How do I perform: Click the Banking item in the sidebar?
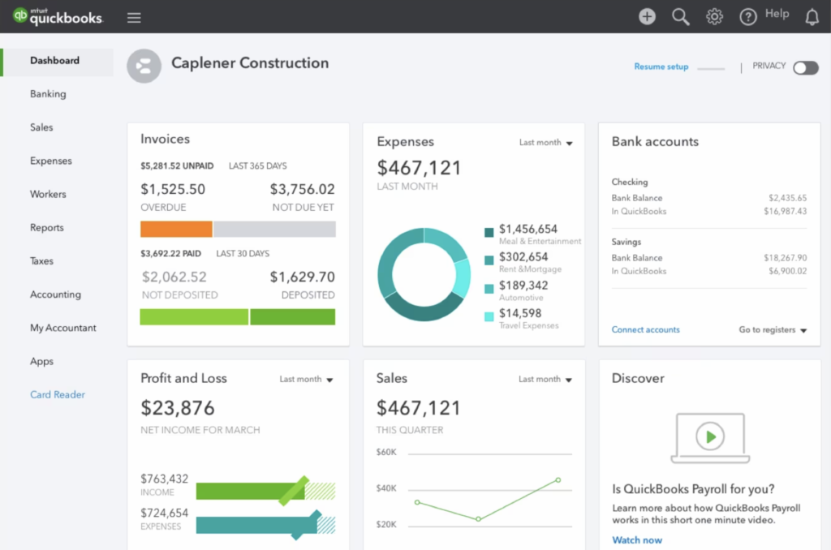pyautogui.click(x=48, y=94)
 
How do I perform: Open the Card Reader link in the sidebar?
pyautogui.click(x=58, y=395)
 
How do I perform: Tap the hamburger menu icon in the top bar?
pyautogui.click(x=134, y=18)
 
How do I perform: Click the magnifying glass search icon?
pyautogui.click(x=681, y=16)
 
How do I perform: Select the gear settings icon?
pyautogui.click(x=714, y=16)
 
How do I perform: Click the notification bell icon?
pyautogui.click(x=812, y=16)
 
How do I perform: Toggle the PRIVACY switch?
pyautogui.click(x=805, y=67)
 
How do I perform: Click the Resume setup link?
pyautogui.click(x=661, y=67)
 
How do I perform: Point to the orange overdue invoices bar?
pyautogui.click(x=176, y=229)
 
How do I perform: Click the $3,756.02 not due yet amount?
pyautogui.click(x=302, y=190)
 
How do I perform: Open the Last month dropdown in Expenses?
pyautogui.click(x=546, y=143)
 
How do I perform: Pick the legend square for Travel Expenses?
pyautogui.click(x=489, y=317)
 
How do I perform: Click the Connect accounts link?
pyautogui.click(x=646, y=330)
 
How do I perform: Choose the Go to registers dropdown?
pyautogui.click(x=773, y=330)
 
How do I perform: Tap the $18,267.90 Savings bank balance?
pyautogui.click(x=785, y=258)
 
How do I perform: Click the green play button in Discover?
pyautogui.click(x=710, y=436)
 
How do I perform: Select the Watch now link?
pyautogui.click(x=637, y=540)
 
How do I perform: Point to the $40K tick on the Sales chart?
pyautogui.click(x=386, y=488)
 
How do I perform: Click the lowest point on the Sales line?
pyautogui.click(x=478, y=519)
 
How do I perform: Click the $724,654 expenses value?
pyautogui.click(x=164, y=513)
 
